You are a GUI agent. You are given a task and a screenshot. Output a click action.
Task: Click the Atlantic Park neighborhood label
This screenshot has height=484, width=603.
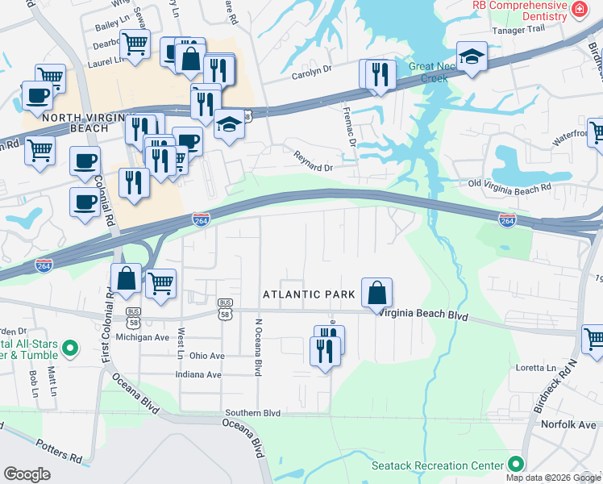point(309,295)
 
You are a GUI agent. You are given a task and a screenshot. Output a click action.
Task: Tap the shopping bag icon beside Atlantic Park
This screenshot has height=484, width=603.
point(376,292)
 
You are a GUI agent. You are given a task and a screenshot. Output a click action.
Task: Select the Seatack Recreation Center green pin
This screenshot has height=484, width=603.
point(515,465)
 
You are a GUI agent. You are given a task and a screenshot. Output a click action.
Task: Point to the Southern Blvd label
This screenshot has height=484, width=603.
point(252,413)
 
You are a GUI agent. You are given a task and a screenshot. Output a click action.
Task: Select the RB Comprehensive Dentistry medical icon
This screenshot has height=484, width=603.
point(578,9)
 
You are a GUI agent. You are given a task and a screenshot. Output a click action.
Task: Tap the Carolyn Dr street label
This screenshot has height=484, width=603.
point(311,70)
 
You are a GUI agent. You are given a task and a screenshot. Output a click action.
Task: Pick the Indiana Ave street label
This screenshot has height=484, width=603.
point(198,374)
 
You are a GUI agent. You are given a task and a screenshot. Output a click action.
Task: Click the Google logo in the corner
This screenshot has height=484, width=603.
point(27,474)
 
